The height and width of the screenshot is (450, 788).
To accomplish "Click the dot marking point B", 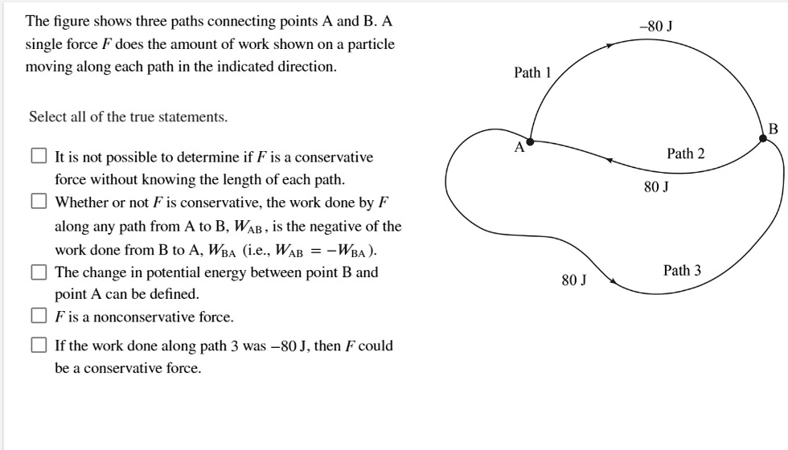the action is click(763, 138).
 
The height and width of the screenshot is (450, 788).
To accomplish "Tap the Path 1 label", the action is click(532, 73).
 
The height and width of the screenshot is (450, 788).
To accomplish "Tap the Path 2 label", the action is click(685, 153).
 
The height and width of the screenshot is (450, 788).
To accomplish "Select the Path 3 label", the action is click(682, 270).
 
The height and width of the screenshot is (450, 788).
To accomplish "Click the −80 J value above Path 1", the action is click(656, 26).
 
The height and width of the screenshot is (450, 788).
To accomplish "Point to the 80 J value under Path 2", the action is click(656, 186).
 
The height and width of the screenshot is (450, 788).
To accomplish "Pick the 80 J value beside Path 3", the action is click(574, 280).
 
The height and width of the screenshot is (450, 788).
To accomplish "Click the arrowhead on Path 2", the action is click(611, 161).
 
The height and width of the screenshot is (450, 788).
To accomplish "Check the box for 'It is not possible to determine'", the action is click(39, 157).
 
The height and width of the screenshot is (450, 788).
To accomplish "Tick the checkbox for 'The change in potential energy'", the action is click(39, 272).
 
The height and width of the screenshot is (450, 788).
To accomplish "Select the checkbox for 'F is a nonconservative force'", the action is click(39, 316).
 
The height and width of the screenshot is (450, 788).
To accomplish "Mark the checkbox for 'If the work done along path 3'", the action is click(39, 346).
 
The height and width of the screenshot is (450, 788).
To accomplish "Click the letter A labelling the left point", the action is click(519, 148).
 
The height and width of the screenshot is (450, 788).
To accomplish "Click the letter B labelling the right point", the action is click(773, 128).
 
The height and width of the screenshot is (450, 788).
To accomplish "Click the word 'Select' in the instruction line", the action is click(47, 117).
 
